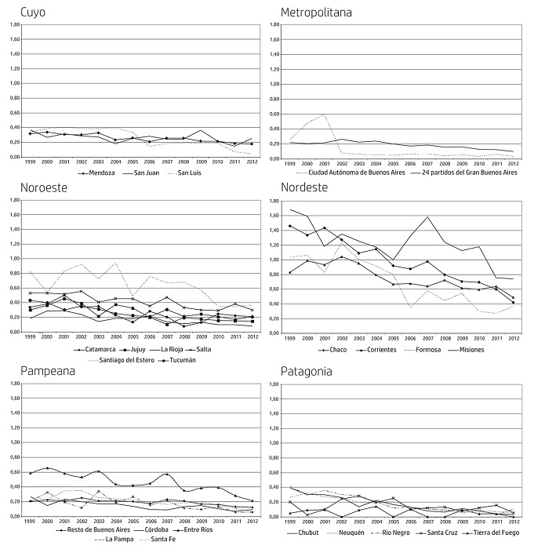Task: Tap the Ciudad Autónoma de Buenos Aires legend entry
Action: tap(358, 173)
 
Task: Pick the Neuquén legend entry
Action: tap(350, 533)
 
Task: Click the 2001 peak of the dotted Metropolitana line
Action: tap(324, 115)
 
